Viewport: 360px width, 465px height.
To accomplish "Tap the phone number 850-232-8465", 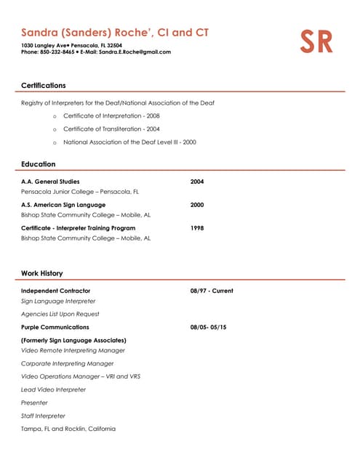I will pyautogui.click(x=57, y=52).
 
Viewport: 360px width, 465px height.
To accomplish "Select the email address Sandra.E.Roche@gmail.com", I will pyautogui.click(x=135, y=52).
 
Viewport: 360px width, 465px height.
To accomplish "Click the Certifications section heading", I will pyautogui.click(x=43, y=85).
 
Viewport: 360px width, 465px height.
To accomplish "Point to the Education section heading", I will pyautogui.click(x=38, y=164).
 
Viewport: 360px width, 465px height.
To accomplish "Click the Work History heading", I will pyautogui.click(x=41, y=273).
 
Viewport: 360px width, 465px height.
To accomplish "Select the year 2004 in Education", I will pyautogui.click(x=197, y=182).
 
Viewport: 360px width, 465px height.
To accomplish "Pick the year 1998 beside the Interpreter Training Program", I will pyautogui.click(x=197, y=228).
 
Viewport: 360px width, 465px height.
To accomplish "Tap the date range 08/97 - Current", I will pyautogui.click(x=212, y=291).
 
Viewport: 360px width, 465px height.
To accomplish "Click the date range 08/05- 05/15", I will pyautogui.click(x=208, y=327).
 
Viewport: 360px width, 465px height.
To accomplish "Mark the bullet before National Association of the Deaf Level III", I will pyautogui.click(x=55, y=142).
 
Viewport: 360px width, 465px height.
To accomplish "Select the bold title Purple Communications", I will pyautogui.click(x=55, y=327).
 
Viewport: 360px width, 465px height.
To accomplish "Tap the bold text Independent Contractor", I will pyautogui.click(x=55, y=291).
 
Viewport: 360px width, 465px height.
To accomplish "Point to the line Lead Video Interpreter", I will pyautogui.click(x=53, y=389).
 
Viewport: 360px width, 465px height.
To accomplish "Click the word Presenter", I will pyautogui.click(x=34, y=403).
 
